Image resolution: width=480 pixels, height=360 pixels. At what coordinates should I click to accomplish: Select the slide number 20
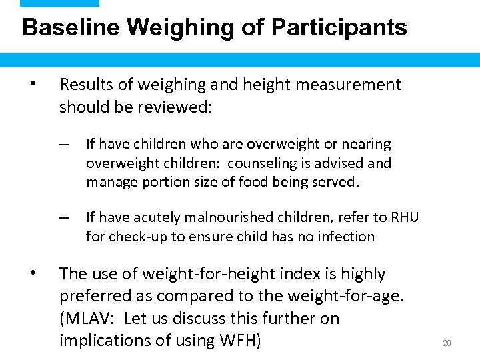pos(447,343)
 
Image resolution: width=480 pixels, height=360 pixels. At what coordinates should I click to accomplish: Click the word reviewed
pos(181,107)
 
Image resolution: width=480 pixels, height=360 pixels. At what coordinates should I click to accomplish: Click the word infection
pos(345,236)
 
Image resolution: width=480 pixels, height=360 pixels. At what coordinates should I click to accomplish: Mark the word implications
pos(101,340)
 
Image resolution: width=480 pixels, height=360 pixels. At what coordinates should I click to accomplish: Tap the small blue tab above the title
pos(59,3)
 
